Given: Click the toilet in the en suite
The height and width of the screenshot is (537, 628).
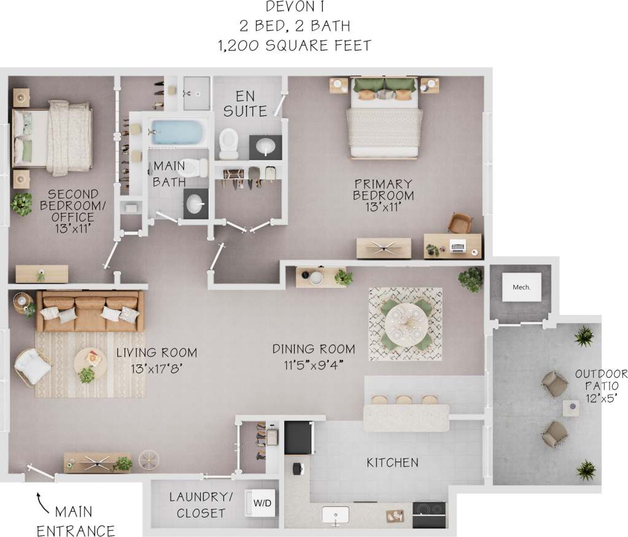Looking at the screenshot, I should [x=228, y=141].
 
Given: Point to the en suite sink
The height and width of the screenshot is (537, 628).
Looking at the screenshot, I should [x=266, y=147].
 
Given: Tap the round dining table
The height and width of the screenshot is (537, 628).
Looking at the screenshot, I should [x=405, y=323].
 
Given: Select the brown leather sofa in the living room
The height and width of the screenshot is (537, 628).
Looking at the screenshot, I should [x=90, y=310].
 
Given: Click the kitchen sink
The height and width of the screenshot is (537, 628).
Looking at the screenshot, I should [x=336, y=514].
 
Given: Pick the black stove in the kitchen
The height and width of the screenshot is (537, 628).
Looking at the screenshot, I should [x=429, y=514].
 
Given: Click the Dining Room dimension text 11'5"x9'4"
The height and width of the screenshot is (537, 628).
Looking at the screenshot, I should [x=314, y=365].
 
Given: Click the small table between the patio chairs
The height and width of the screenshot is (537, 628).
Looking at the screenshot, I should [x=571, y=408].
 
